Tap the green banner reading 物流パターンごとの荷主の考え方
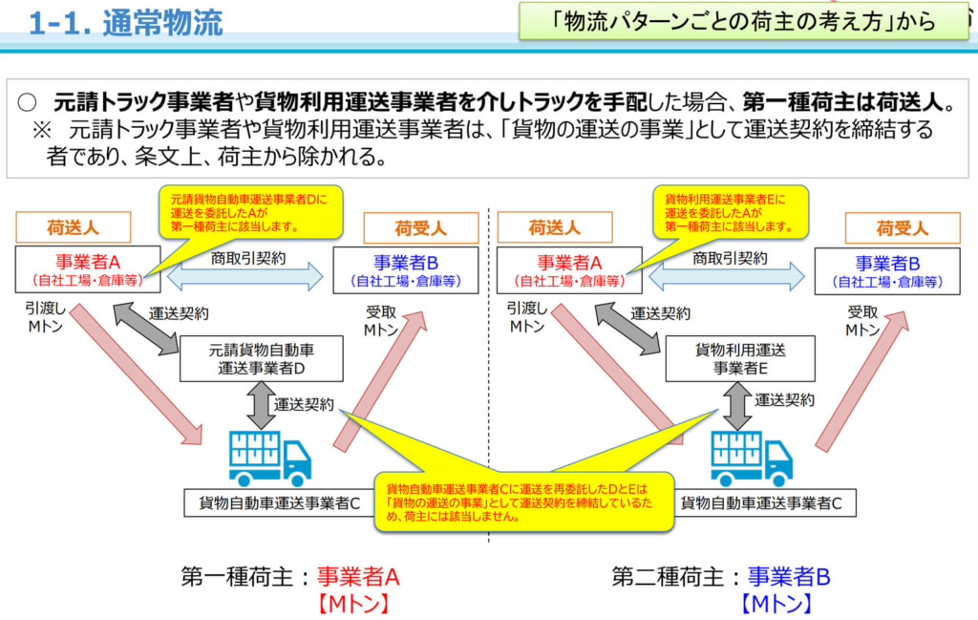743,21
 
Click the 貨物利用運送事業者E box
739,359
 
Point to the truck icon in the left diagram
269,457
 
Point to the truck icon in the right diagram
751,457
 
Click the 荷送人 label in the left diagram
74,227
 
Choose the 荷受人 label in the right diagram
902,228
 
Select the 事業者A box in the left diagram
86,270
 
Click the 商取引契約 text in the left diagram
248,258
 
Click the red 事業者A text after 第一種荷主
358,577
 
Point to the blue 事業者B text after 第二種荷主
789,577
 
